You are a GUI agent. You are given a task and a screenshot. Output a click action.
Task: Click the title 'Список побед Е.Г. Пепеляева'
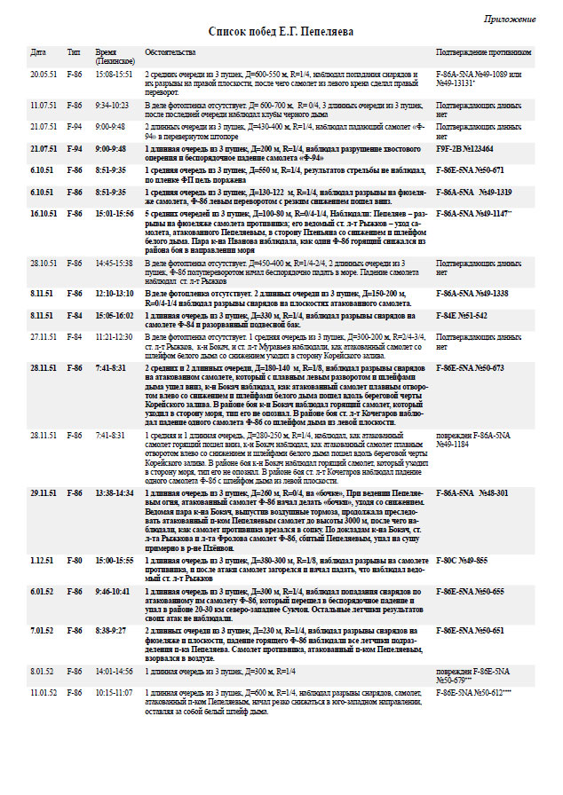click(281, 31)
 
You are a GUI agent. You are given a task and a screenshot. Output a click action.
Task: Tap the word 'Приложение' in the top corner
click(510, 18)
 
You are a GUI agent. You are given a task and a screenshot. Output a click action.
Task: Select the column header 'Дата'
click(38, 52)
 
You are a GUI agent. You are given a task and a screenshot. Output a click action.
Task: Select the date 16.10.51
click(44, 214)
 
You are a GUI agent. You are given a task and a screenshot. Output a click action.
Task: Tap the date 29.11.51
click(44, 492)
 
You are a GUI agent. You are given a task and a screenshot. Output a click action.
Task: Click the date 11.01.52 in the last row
click(44, 689)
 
